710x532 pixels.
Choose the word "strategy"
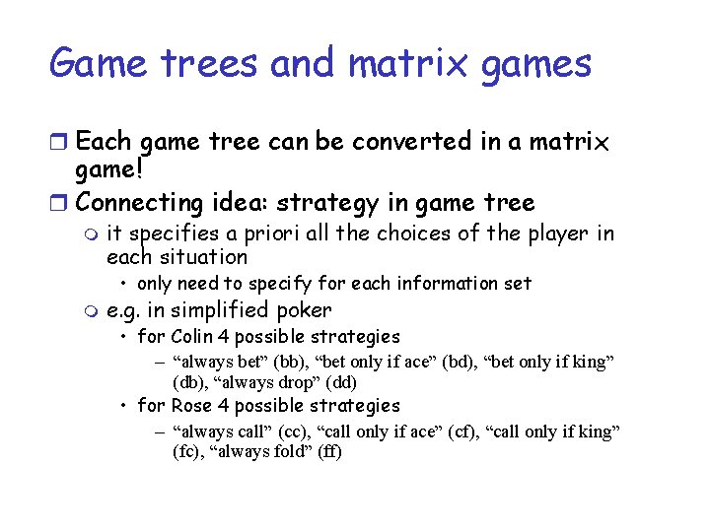tap(326, 203)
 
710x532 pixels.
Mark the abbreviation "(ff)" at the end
tap(326, 452)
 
